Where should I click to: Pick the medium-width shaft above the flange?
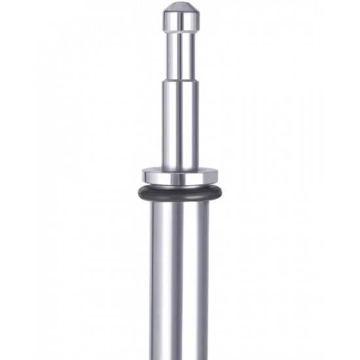click(x=179, y=131)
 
